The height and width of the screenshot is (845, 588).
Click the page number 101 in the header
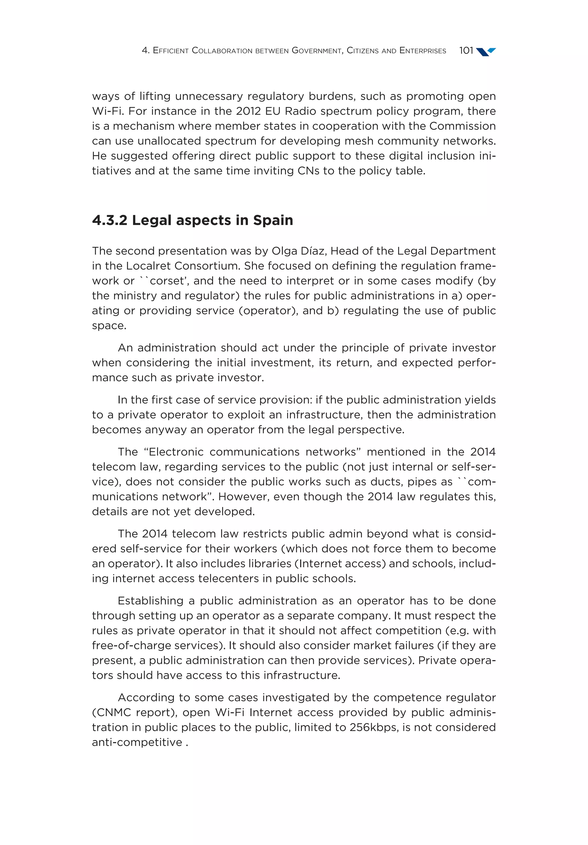point(466,51)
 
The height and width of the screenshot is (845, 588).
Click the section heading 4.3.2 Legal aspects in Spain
point(192,220)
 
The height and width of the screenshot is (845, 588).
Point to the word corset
point(169,281)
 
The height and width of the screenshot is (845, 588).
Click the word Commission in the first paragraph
point(463,126)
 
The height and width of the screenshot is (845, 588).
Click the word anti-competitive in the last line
point(137,742)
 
